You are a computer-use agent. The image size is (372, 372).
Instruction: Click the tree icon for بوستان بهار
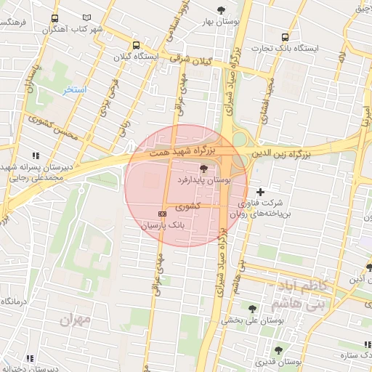pyautogui.click(x=221, y=10)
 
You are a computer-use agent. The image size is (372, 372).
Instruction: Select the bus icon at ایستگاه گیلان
pyautogui.click(x=137, y=44)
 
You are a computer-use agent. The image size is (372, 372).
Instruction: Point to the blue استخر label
pyautogui.click(x=74, y=89)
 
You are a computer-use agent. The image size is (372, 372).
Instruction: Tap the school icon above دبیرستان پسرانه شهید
pyautogui.click(x=34, y=155)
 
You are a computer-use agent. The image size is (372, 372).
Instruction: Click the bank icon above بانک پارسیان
pyautogui.click(x=161, y=214)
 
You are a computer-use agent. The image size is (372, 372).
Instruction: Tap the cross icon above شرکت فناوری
pyautogui.click(x=261, y=191)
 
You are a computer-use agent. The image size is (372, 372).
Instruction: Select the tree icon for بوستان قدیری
pyautogui.click(x=278, y=350)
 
